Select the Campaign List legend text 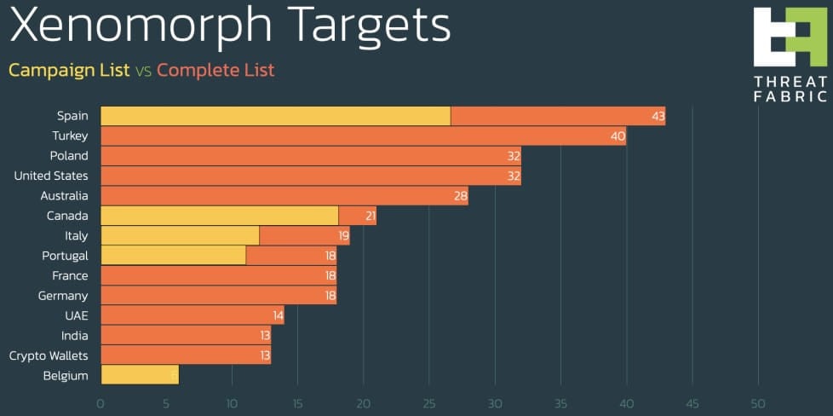click(x=69, y=70)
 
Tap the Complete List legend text click(x=215, y=70)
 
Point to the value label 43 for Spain click(x=658, y=116)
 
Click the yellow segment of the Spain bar click(x=275, y=116)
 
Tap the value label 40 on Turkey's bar click(x=618, y=136)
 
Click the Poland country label click(x=69, y=156)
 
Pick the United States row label click(x=51, y=176)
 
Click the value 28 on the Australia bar click(x=460, y=196)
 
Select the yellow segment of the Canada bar click(x=219, y=216)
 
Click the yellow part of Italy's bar click(x=180, y=235)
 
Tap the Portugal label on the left click(x=65, y=256)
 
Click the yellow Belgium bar click(x=139, y=375)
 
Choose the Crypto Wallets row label click(x=49, y=355)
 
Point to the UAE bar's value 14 click(x=276, y=315)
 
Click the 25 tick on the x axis click(x=429, y=403)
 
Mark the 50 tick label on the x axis click(x=757, y=403)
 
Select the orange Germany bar click(x=218, y=296)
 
